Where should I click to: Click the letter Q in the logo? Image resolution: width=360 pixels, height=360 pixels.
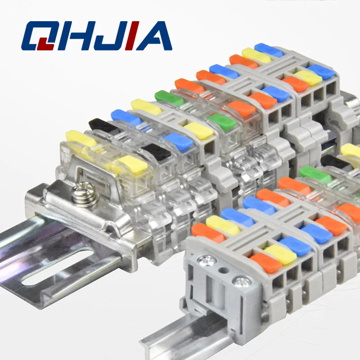pos(38,35)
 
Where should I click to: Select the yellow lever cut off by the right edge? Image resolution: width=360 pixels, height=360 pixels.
pos(351,150)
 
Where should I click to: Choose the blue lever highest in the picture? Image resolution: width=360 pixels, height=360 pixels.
pos(269,49)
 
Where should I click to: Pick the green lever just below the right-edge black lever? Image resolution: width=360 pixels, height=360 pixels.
pos(315,174)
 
